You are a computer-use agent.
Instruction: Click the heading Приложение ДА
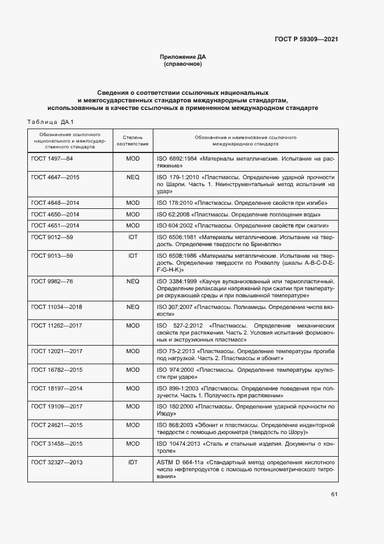(183, 56)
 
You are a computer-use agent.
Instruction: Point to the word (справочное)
(183, 64)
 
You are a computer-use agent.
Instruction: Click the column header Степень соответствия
(132, 140)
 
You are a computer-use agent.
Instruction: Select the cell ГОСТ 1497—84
(52, 158)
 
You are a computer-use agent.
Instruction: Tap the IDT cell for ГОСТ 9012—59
(132, 238)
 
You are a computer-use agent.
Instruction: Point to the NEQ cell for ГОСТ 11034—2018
(132, 307)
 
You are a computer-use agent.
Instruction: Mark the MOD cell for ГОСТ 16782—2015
(132, 369)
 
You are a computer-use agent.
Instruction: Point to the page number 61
(334, 495)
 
